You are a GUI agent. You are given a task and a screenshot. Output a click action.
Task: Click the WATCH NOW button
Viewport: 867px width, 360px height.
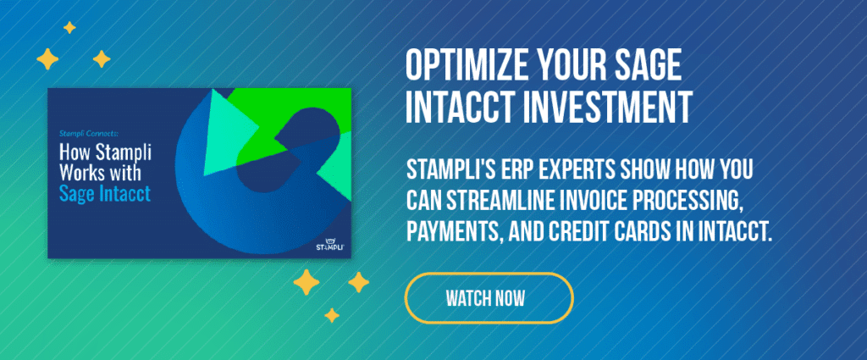(489, 298)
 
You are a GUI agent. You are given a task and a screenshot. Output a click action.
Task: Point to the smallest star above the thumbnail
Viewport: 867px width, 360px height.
(69, 28)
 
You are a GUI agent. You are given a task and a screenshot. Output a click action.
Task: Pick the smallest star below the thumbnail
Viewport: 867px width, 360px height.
(332, 315)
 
